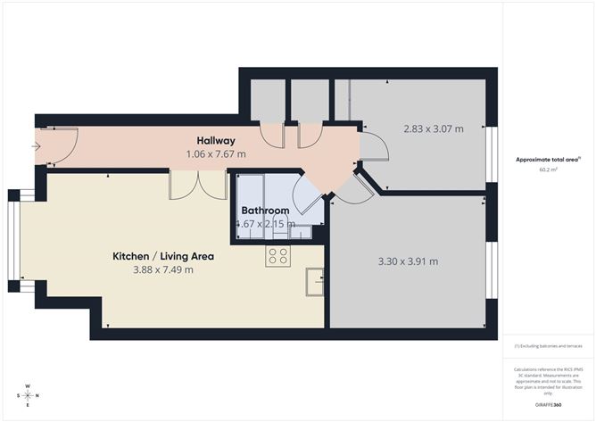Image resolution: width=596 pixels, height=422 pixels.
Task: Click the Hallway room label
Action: tap(216, 140)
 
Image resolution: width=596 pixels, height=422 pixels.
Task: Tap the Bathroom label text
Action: tap(265, 211)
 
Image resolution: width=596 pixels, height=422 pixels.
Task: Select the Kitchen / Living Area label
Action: tap(163, 256)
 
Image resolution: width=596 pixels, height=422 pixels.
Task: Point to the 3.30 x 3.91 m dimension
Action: tap(408, 261)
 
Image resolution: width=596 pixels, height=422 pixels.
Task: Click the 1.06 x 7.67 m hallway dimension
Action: tap(216, 153)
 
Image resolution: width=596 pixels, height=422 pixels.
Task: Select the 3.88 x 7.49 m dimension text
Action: tap(163, 269)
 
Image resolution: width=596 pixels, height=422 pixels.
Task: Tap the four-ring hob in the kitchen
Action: tap(277, 256)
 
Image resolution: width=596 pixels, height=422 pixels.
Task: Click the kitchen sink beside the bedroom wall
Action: tap(314, 281)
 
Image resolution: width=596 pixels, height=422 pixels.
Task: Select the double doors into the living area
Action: tap(198, 185)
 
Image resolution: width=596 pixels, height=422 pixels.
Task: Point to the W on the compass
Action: tap(28, 385)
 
